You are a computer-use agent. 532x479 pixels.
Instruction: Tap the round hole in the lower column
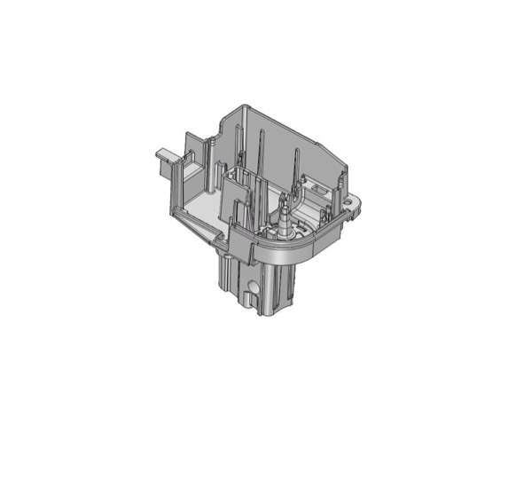(255, 289)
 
